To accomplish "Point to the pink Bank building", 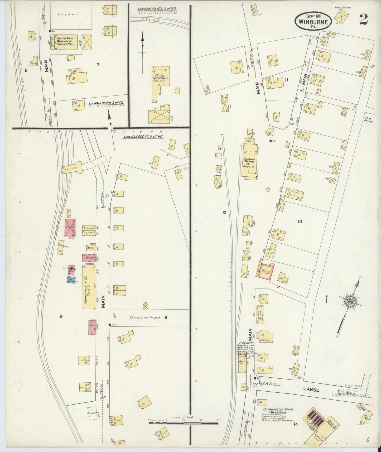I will click(x=92, y=327).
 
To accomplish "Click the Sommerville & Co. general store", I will click(x=88, y=287).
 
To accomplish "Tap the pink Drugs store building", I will click(x=89, y=258).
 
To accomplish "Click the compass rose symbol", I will click(x=350, y=301).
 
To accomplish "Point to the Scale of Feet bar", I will click(x=184, y=423).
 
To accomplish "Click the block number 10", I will click(x=300, y=222).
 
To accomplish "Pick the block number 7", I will click(x=98, y=64).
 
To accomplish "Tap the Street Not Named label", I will click(x=145, y=318).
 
